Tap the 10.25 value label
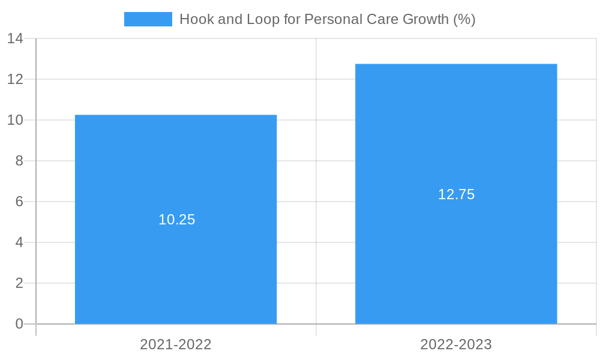coord(177,220)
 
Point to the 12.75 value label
coord(456,194)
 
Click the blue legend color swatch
coord(148,19)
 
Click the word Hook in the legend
coord(193,19)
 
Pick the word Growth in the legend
coord(426,19)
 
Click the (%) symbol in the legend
coord(464,19)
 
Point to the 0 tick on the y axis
coord(19,324)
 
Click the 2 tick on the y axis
coord(19,283)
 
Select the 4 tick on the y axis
coord(19,242)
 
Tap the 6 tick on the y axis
coord(19,202)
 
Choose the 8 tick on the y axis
coord(19,161)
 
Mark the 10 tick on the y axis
coord(15,120)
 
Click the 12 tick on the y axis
coord(15,79)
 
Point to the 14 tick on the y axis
coord(15,38)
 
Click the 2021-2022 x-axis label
coord(176,344)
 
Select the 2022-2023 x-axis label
coord(456,344)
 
